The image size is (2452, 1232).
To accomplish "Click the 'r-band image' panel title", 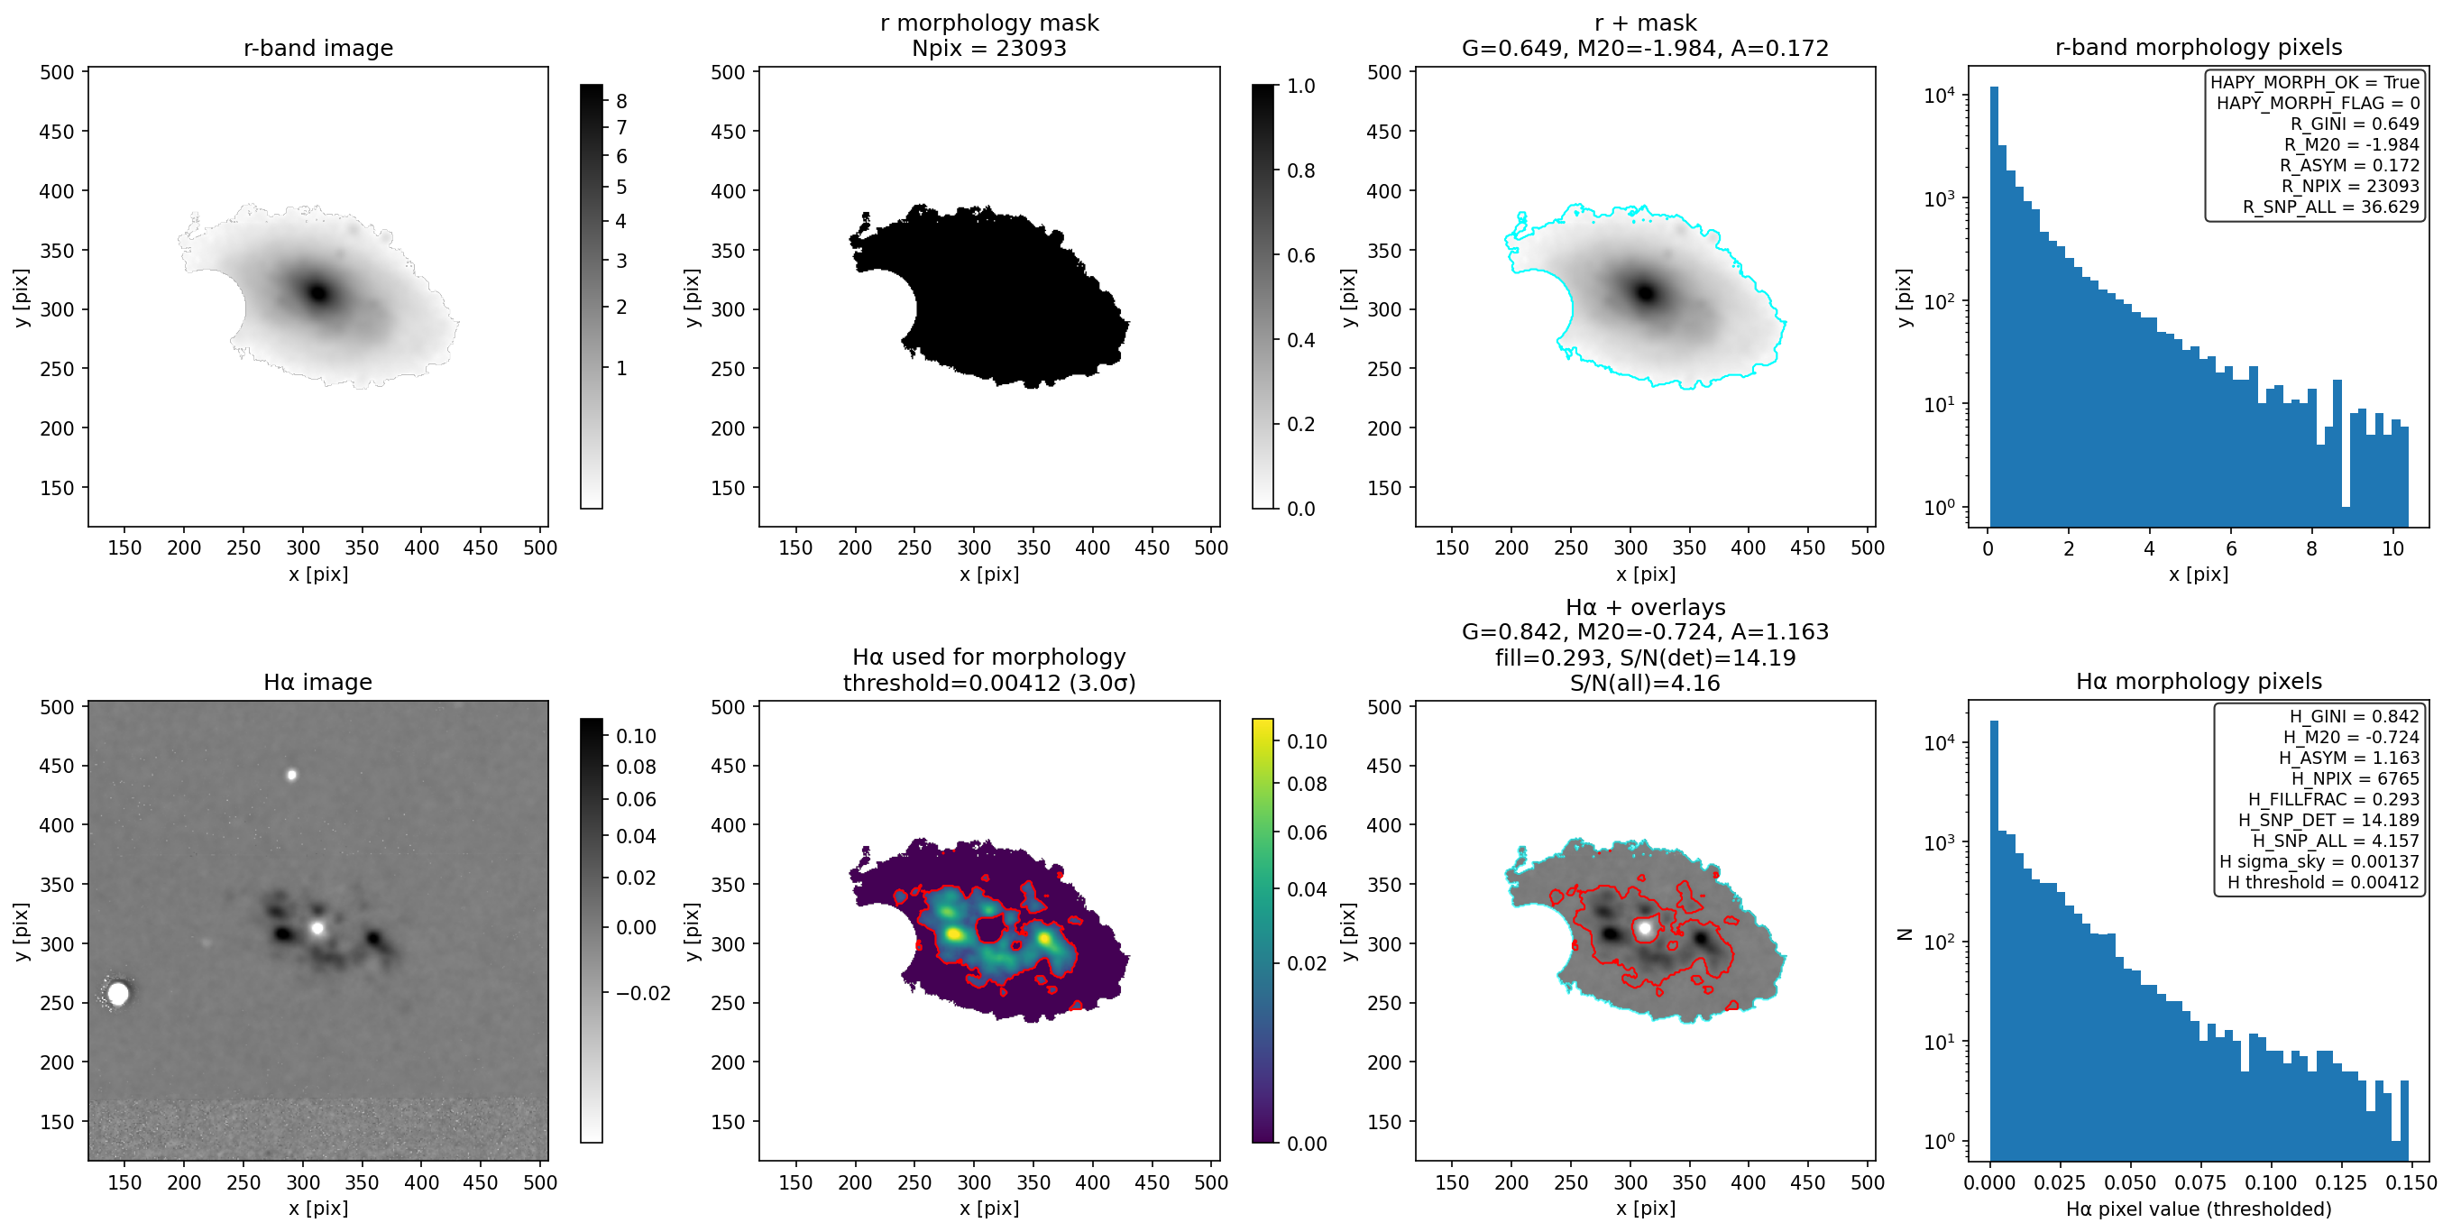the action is pyautogui.click(x=318, y=48).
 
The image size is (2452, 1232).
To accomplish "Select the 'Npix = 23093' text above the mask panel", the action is pyautogui.click(x=989, y=48).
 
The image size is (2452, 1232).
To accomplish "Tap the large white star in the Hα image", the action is pyautogui.click(x=118, y=993).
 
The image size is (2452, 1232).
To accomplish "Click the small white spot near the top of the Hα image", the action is pyautogui.click(x=292, y=775).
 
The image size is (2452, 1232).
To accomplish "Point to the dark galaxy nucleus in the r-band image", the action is pyautogui.click(x=318, y=292).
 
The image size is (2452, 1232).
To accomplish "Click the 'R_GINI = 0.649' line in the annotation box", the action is pyautogui.click(x=2354, y=124).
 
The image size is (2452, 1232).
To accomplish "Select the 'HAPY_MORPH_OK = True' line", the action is pyautogui.click(x=2314, y=82).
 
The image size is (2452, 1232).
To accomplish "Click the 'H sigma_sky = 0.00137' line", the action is pyautogui.click(x=2319, y=861).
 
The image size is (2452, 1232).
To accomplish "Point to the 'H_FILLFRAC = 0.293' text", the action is pyautogui.click(x=2333, y=800).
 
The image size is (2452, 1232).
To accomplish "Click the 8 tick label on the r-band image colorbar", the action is pyautogui.click(x=621, y=101).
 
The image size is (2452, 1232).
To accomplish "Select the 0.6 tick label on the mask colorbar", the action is pyautogui.click(x=1301, y=255).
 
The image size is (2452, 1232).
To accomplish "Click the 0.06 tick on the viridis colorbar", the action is pyautogui.click(x=1307, y=832).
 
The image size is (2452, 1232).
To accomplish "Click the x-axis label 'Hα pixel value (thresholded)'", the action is pyautogui.click(x=2198, y=1209).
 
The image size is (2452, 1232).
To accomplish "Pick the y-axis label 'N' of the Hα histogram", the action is pyautogui.click(x=1904, y=934).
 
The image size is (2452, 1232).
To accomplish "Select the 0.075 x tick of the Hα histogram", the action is pyautogui.click(x=2199, y=1182).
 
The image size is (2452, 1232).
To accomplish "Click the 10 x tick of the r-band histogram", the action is pyautogui.click(x=2392, y=548).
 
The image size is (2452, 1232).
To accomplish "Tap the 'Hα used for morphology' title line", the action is pyautogui.click(x=989, y=657).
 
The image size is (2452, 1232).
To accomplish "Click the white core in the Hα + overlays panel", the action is pyautogui.click(x=1644, y=927).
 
